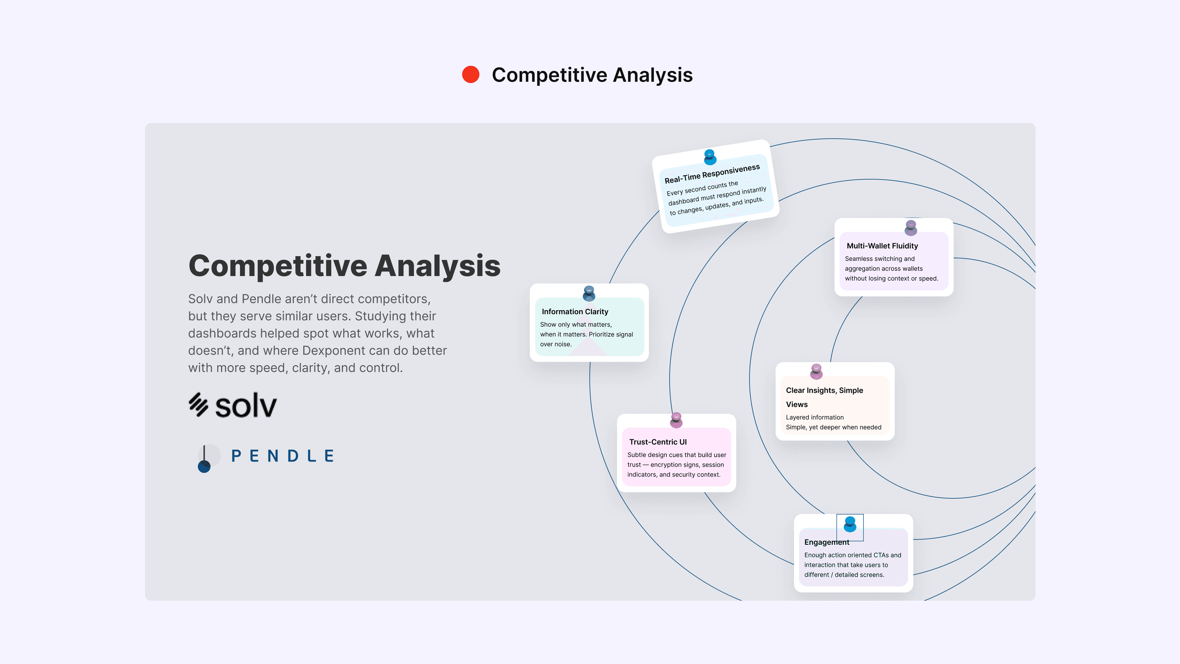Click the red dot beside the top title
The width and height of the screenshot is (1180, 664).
pos(470,75)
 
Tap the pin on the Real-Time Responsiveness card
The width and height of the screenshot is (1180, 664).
pos(710,157)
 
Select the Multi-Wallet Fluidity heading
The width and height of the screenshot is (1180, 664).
pos(882,246)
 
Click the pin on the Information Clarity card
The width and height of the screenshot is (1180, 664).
pos(589,293)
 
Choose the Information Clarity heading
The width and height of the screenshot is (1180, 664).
pos(575,312)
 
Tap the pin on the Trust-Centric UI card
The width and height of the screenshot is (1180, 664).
pos(676,420)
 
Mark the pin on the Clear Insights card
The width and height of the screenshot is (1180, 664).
pos(816,371)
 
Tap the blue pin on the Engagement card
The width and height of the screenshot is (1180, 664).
pos(850,524)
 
